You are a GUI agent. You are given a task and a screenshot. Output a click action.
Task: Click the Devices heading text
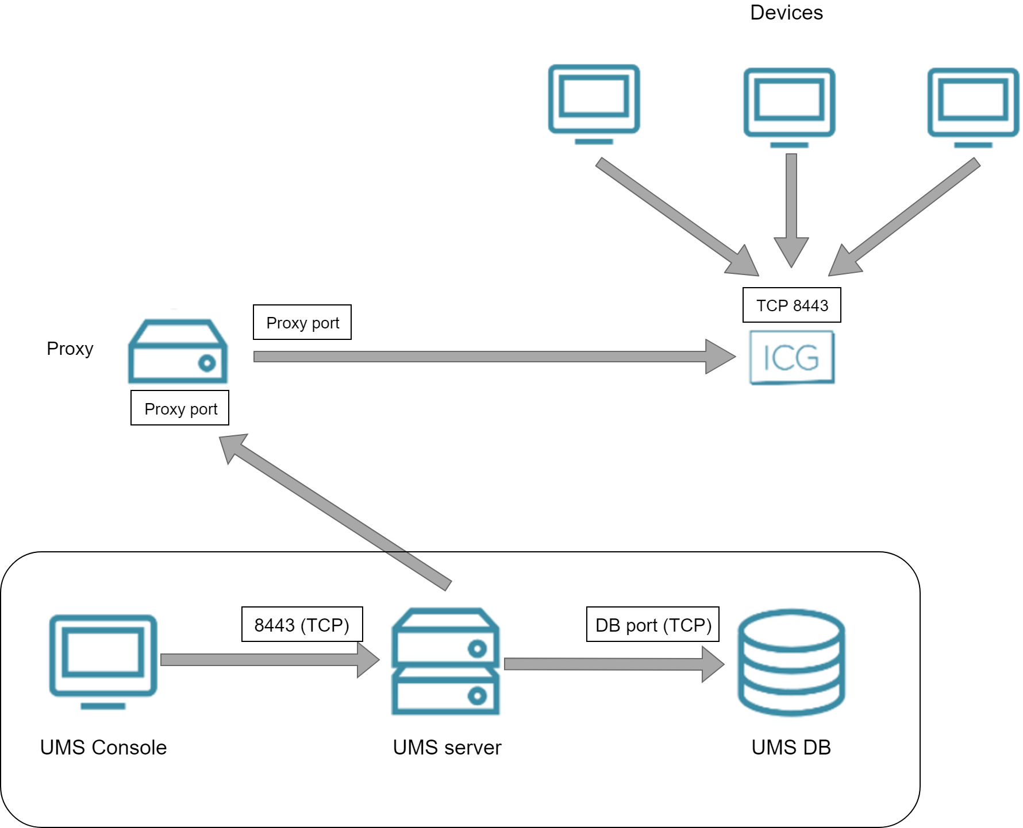tap(786, 13)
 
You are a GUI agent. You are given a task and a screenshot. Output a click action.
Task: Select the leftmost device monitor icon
tap(594, 103)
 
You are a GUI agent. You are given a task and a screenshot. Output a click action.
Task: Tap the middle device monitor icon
tap(789, 107)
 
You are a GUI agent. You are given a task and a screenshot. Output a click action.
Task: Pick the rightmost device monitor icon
tap(973, 107)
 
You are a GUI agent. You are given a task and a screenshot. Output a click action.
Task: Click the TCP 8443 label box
tap(791, 305)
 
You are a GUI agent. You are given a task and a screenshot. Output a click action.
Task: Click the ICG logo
tap(791, 357)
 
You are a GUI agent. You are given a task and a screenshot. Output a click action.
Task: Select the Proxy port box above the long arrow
tap(302, 322)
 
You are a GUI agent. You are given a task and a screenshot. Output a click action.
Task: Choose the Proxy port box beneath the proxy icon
tap(180, 408)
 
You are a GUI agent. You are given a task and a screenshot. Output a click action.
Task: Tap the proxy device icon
tap(178, 351)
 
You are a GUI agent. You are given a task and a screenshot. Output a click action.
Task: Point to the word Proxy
tap(70, 349)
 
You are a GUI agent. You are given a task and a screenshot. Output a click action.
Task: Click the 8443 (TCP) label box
tap(302, 624)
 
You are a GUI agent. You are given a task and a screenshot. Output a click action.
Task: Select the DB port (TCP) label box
tap(652, 624)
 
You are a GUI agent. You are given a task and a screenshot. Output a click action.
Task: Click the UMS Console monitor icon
tap(103, 660)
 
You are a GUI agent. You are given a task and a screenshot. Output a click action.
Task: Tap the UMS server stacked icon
tap(445, 661)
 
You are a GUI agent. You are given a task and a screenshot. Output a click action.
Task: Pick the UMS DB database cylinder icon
tap(791, 663)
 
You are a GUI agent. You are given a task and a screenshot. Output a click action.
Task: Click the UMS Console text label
tap(103, 747)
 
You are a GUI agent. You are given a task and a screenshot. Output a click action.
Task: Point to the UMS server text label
tap(447, 747)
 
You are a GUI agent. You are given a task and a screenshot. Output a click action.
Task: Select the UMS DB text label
tap(791, 747)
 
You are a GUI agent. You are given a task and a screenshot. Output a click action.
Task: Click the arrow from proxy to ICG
tap(483, 357)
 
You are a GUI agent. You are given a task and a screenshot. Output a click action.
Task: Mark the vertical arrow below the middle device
tap(791, 207)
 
